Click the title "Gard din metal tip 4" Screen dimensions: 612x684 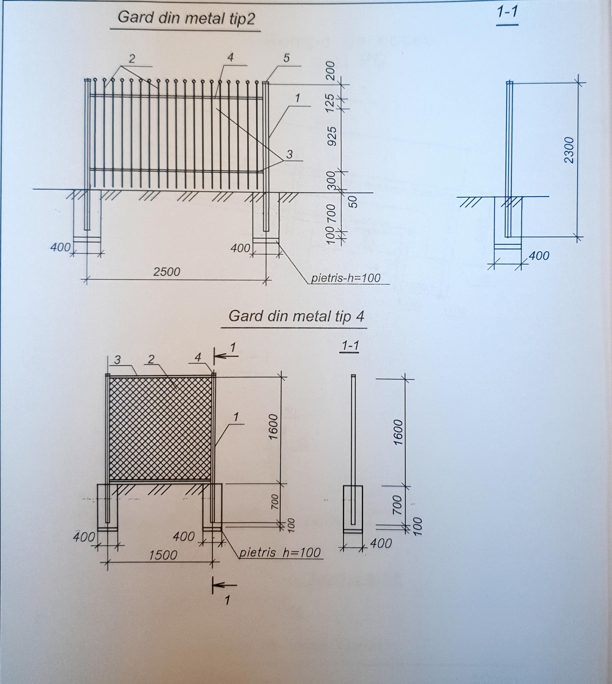(x=296, y=316)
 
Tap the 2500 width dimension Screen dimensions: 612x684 (x=167, y=271)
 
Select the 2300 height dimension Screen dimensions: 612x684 (x=569, y=150)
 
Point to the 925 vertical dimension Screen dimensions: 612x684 (x=332, y=136)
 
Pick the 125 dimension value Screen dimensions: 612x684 (x=330, y=103)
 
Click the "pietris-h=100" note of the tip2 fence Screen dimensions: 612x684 (x=346, y=278)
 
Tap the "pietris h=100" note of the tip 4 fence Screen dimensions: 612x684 (x=279, y=552)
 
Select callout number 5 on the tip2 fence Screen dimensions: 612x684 (x=286, y=58)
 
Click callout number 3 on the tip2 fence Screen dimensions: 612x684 (x=289, y=154)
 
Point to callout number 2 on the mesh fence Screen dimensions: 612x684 (x=151, y=359)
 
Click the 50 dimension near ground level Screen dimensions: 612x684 (x=352, y=202)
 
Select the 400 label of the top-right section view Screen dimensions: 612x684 (x=539, y=256)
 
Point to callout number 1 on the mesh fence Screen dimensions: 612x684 (x=236, y=417)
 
